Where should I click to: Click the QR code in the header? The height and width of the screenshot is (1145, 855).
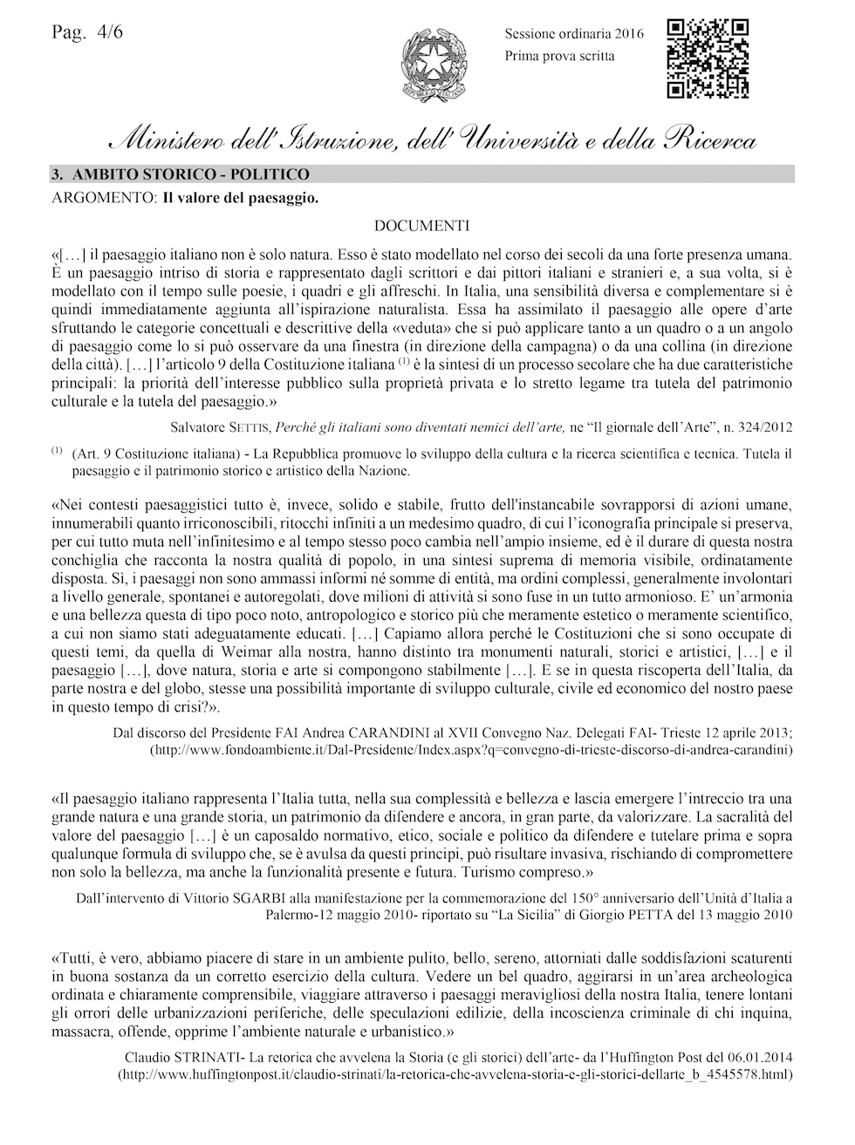click(x=708, y=58)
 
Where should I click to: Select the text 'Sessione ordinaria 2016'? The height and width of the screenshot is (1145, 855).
click(x=573, y=34)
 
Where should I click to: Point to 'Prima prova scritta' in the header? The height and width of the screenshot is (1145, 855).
click(x=559, y=56)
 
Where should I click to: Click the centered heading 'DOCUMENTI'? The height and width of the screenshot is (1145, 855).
click(x=422, y=227)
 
